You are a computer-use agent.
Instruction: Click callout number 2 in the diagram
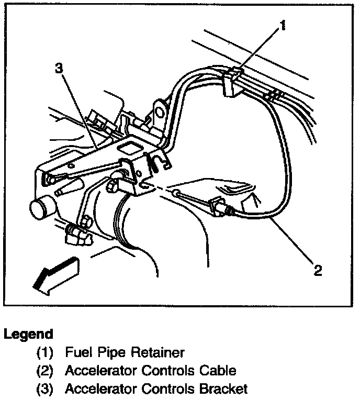(318, 270)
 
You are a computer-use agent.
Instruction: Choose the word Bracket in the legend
(222, 389)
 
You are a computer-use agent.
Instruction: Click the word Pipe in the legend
(105, 353)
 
